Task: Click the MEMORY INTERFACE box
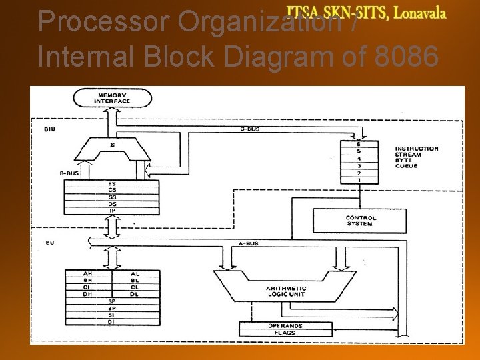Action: [x=112, y=99]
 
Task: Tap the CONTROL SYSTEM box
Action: [x=360, y=221]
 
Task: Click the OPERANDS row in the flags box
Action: [x=286, y=325]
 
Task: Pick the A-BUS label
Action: [x=248, y=245]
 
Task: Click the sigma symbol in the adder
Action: [x=112, y=143]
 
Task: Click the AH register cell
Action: [x=88, y=274]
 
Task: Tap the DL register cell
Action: [x=135, y=294]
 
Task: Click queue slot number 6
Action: [x=359, y=145]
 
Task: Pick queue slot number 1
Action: [x=359, y=181]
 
